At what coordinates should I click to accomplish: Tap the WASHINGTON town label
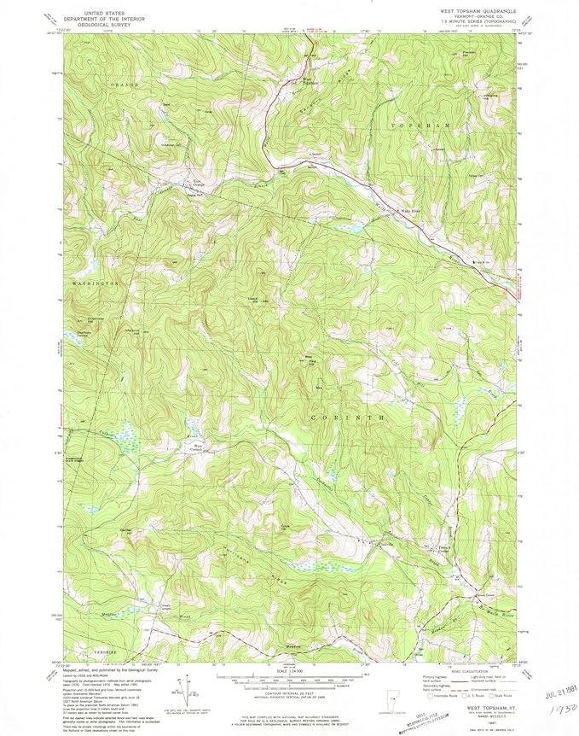95,283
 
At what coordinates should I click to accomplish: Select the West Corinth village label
198,446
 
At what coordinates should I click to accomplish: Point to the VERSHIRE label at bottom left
94,651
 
